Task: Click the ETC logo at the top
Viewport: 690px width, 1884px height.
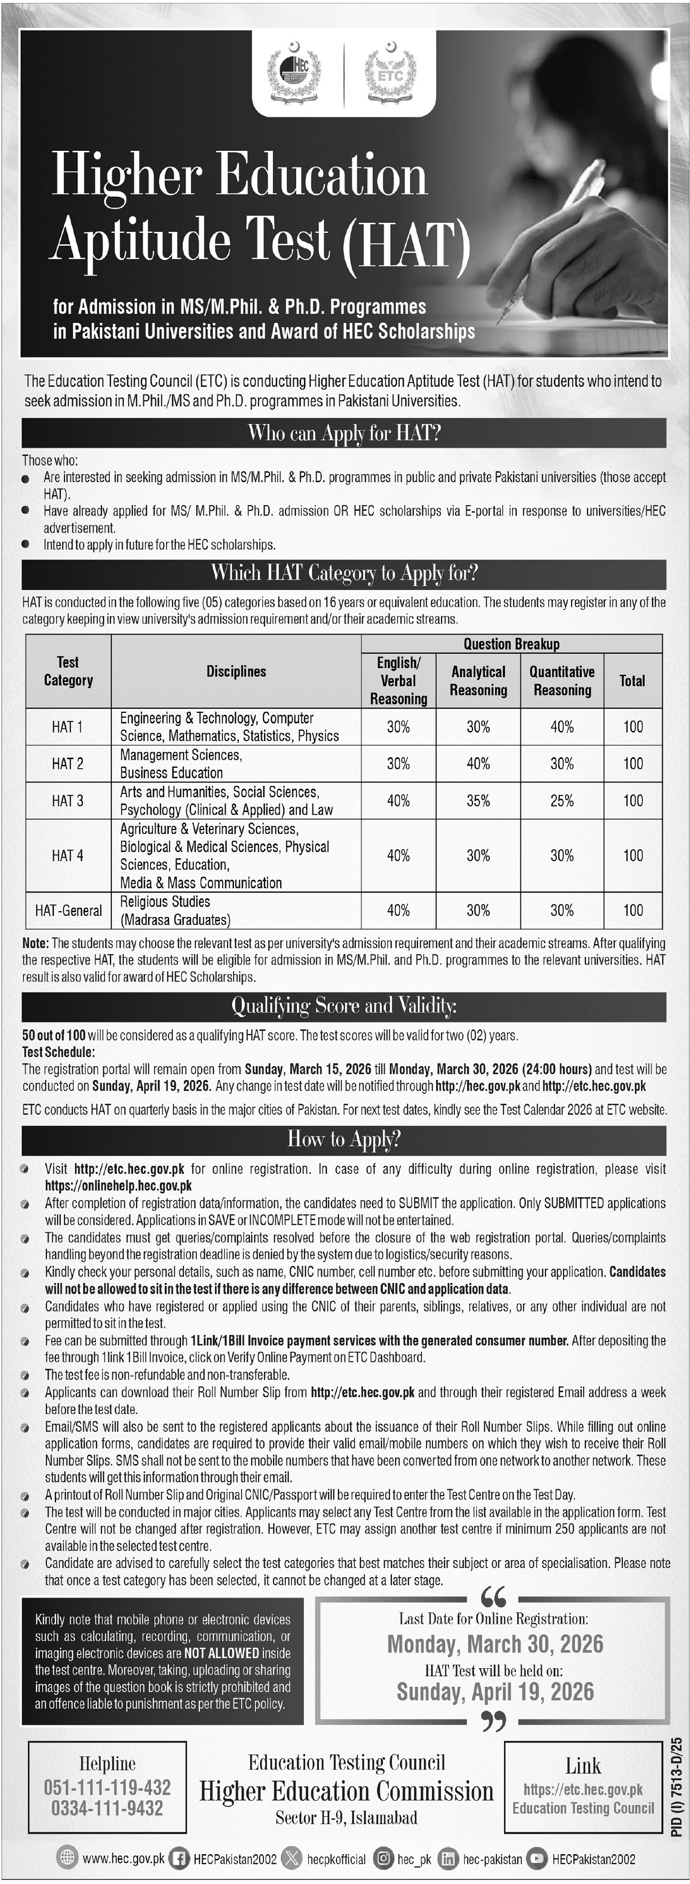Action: [390, 73]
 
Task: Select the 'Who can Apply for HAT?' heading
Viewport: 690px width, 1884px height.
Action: [344, 434]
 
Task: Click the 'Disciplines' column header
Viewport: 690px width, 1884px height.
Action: [236, 671]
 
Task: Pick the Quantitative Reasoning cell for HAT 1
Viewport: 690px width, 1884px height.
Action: [562, 727]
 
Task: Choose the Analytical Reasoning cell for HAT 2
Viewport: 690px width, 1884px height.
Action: [478, 764]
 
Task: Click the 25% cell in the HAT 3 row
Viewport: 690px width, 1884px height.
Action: [562, 801]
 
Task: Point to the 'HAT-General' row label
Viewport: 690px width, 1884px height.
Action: [69, 911]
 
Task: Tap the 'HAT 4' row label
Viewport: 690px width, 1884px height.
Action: [67, 856]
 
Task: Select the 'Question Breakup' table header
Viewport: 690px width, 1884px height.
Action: [511, 644]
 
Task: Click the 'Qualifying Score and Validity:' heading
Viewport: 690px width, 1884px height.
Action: [344, 1006]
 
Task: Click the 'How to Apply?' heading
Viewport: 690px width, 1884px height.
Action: [344, 1140]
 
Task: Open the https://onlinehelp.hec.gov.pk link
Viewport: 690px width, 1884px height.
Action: [118, 1185]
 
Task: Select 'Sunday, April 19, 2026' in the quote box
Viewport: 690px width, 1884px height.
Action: [495, 1691]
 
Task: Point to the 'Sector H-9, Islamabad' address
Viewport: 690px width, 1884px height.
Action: [346, 1817]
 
